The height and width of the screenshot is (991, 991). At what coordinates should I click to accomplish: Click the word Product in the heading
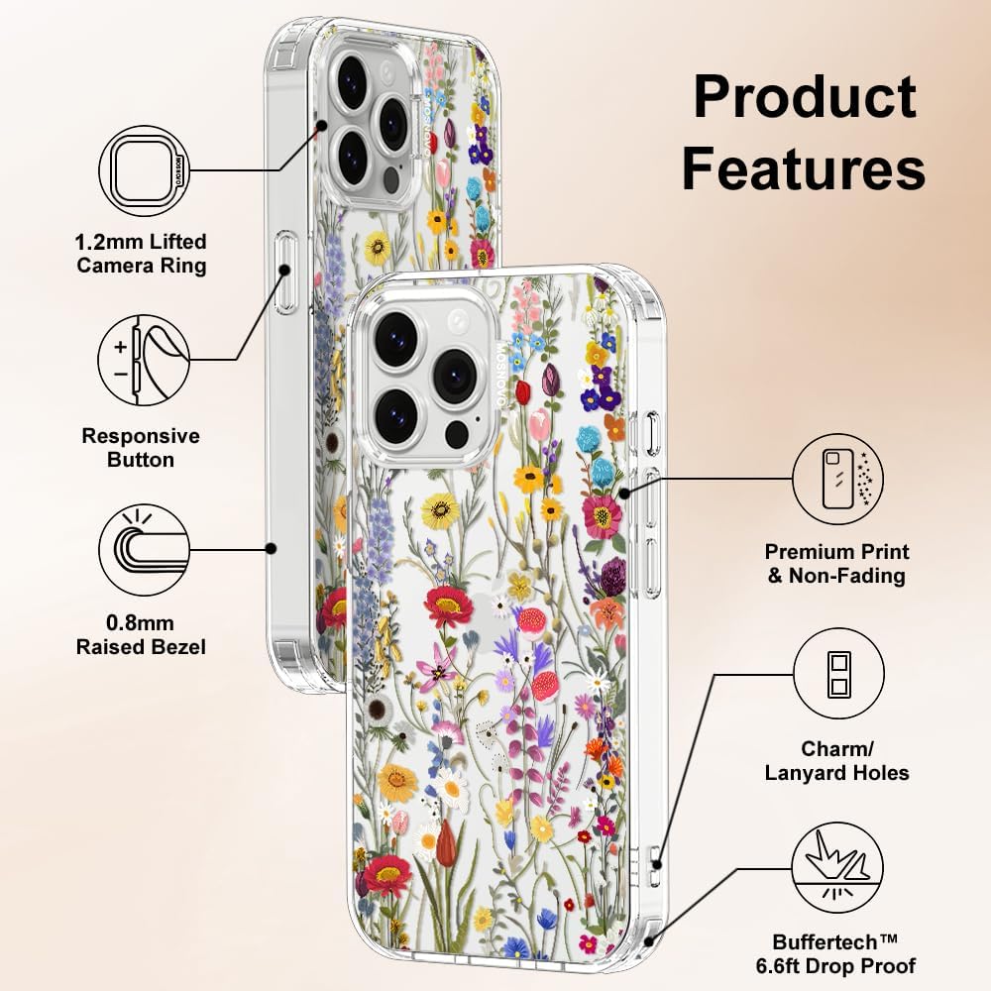pos(805,97)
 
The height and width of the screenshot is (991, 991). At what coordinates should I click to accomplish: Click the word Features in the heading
pos(804,168)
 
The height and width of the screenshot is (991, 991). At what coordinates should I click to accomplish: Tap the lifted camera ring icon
pos(144,170)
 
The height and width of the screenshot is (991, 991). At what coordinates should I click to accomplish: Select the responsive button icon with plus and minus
pos(144,361)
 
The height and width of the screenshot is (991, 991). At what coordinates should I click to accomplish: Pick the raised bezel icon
pos(144,549)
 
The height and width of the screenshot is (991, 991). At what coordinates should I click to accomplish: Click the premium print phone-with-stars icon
pos(838,479)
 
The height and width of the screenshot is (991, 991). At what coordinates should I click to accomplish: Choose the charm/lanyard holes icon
pos(838,674)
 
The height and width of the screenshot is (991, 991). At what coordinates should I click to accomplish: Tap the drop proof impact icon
pos(838,868)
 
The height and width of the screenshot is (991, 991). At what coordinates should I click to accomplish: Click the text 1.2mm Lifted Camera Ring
pos(141,254)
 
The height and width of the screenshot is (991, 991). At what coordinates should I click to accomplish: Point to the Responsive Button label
pos(141,448)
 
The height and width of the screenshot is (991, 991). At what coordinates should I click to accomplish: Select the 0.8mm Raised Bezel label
pos(141,635)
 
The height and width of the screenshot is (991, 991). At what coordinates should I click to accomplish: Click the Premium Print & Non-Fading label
pos(836,564)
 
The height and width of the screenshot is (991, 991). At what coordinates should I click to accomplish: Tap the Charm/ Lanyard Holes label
pos(836,761)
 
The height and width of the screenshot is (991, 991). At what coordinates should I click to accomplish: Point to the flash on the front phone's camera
pos(457,322)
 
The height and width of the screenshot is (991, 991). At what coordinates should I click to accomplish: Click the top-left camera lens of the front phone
pos(396,336)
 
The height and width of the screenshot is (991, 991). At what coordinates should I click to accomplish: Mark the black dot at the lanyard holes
pos(657,864)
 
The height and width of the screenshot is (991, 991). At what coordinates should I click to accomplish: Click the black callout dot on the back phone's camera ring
pos(322,126)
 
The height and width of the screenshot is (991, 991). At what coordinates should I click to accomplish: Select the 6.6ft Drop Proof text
pos(835,966)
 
